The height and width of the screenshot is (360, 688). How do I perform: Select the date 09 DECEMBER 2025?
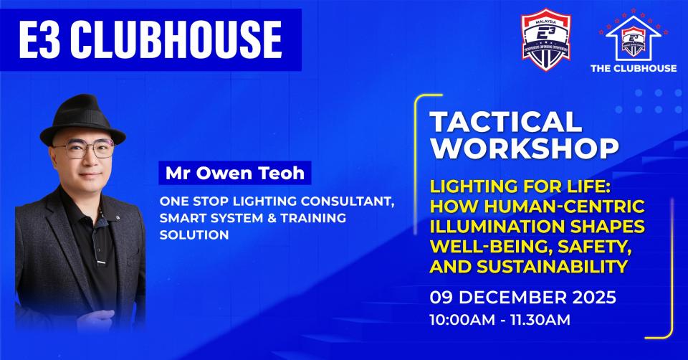click(x=523, y=296)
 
